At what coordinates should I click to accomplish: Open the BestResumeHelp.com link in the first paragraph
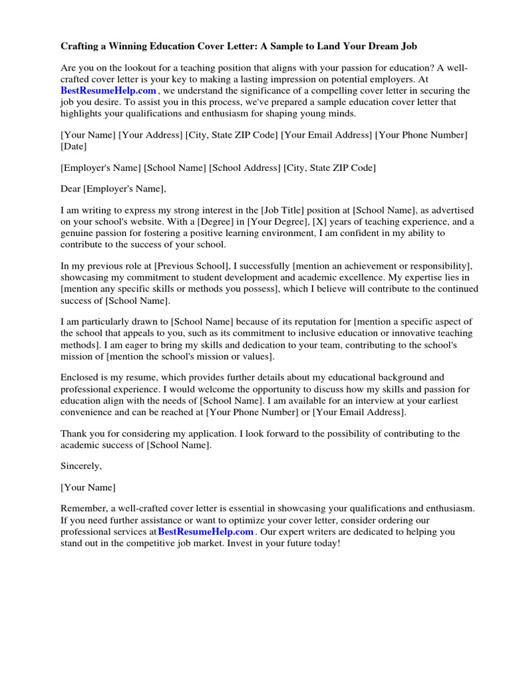click(x=108, y=90)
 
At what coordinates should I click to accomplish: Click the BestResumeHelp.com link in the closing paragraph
click(x=206, y=531)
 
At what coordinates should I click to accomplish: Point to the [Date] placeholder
click(x=73, y=146)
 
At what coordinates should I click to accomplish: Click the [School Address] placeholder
click(x=245, y=168)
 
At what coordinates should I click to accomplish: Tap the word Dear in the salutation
click(x=71, y=189)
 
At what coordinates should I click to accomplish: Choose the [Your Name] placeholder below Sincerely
click(x=88, y=487)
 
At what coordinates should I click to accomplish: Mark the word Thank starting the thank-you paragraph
click(x=73, y=434)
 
